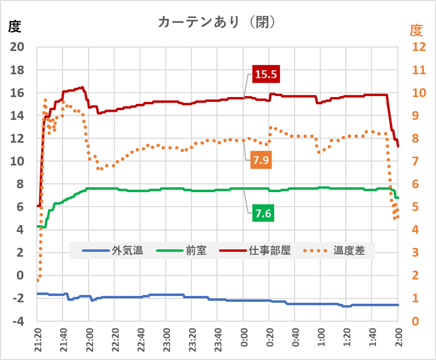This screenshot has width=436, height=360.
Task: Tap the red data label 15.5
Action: (265, 75)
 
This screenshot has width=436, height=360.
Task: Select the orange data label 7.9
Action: (262, 160)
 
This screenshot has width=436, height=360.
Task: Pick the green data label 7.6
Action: (263, 213)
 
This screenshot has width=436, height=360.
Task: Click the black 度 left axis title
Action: (15, 26)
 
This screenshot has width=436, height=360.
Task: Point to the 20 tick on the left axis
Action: (18, 47)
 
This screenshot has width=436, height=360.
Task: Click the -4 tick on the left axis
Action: (18, 321)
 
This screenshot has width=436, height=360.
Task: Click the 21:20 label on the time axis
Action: (38, 341)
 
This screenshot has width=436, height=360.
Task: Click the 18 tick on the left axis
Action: (18, 70)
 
